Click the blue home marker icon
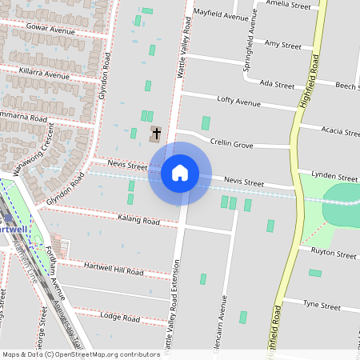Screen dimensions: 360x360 point(180,173)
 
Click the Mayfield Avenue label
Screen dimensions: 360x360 point(222,15)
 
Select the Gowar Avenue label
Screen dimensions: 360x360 point(50,30)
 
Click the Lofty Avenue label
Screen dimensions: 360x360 point(239,102)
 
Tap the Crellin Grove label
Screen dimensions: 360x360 point(231,144)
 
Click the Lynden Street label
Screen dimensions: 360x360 point(334,176)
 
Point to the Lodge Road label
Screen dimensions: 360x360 point(120,318)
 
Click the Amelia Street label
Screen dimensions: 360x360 point(290,5)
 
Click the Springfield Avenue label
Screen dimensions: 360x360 point(250,39)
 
